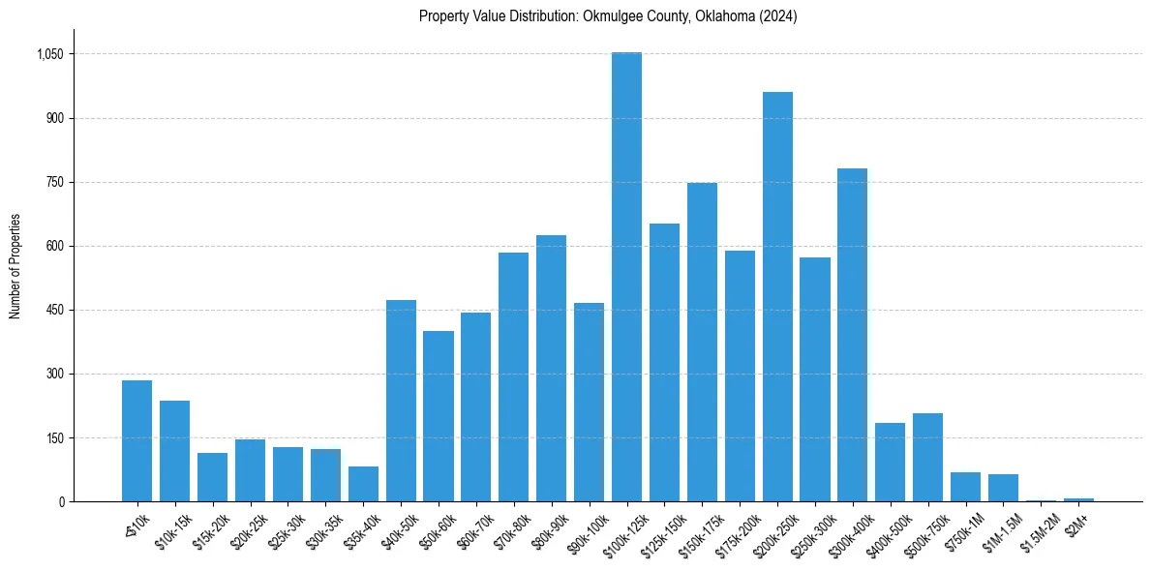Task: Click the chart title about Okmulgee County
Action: tap(608, 16)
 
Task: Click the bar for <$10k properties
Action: tap(136, 440)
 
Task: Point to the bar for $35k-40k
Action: tap(363, 484)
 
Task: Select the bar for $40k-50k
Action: tap(401, 401)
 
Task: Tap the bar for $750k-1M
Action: tap(965, 487)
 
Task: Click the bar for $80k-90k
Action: tap(551, 368)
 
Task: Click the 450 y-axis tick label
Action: tap(53, 310)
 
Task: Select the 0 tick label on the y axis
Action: tap(61, 501)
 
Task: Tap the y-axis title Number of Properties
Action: tap(15, 265)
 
